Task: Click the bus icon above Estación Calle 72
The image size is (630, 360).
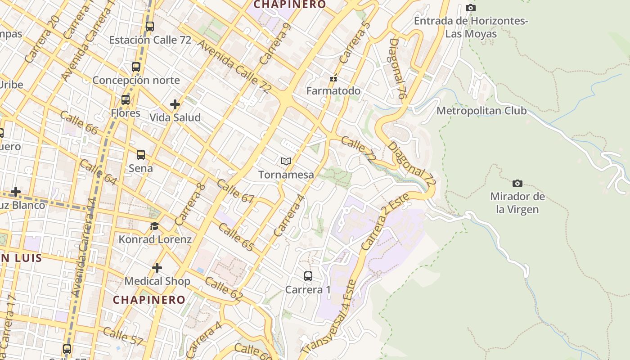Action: [150, 27]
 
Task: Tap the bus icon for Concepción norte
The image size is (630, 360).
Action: [136, 67]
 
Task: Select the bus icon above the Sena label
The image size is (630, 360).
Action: [141, 155]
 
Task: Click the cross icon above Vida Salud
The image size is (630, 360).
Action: [175, 104]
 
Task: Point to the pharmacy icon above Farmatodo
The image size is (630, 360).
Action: [333, 78]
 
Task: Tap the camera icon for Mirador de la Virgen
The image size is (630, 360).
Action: [517, 183]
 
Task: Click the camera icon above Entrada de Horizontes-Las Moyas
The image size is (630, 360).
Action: [471, 8]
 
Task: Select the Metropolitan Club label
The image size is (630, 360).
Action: [481, 111]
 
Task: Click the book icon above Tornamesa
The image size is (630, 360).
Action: [286, 161]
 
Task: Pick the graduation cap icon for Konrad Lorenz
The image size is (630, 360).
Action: [155, 226]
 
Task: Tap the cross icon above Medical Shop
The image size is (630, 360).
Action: [157, 268]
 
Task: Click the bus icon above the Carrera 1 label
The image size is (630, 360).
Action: [308, 276]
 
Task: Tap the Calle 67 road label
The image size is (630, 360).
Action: [235, 191]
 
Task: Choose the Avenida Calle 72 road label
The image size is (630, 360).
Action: [234, 66]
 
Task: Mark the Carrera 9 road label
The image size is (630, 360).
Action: [275, 44]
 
